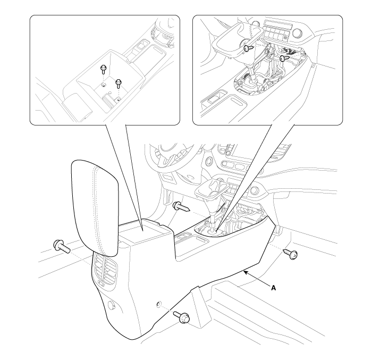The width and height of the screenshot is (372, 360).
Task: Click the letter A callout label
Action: (274, 288)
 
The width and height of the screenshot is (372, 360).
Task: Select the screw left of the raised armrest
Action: (62, 246)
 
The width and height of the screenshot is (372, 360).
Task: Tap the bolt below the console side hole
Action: (182, 317)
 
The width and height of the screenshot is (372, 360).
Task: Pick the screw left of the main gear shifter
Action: (181, 207)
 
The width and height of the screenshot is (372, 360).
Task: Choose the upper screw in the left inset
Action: (104, 69)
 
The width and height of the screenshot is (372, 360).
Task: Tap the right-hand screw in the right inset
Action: (284, 58)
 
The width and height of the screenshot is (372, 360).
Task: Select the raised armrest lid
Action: (95, 208)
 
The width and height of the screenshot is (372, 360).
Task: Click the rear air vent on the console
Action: (104, 267)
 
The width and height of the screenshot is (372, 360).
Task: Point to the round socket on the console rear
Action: (111, 305)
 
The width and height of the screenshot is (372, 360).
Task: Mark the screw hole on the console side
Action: (159, 304)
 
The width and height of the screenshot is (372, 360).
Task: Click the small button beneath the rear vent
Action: (102, 283)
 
